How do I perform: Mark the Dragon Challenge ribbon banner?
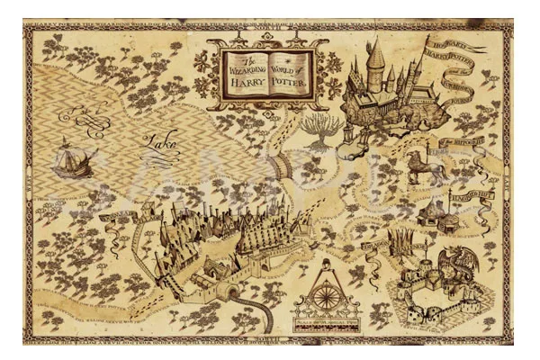378,243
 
